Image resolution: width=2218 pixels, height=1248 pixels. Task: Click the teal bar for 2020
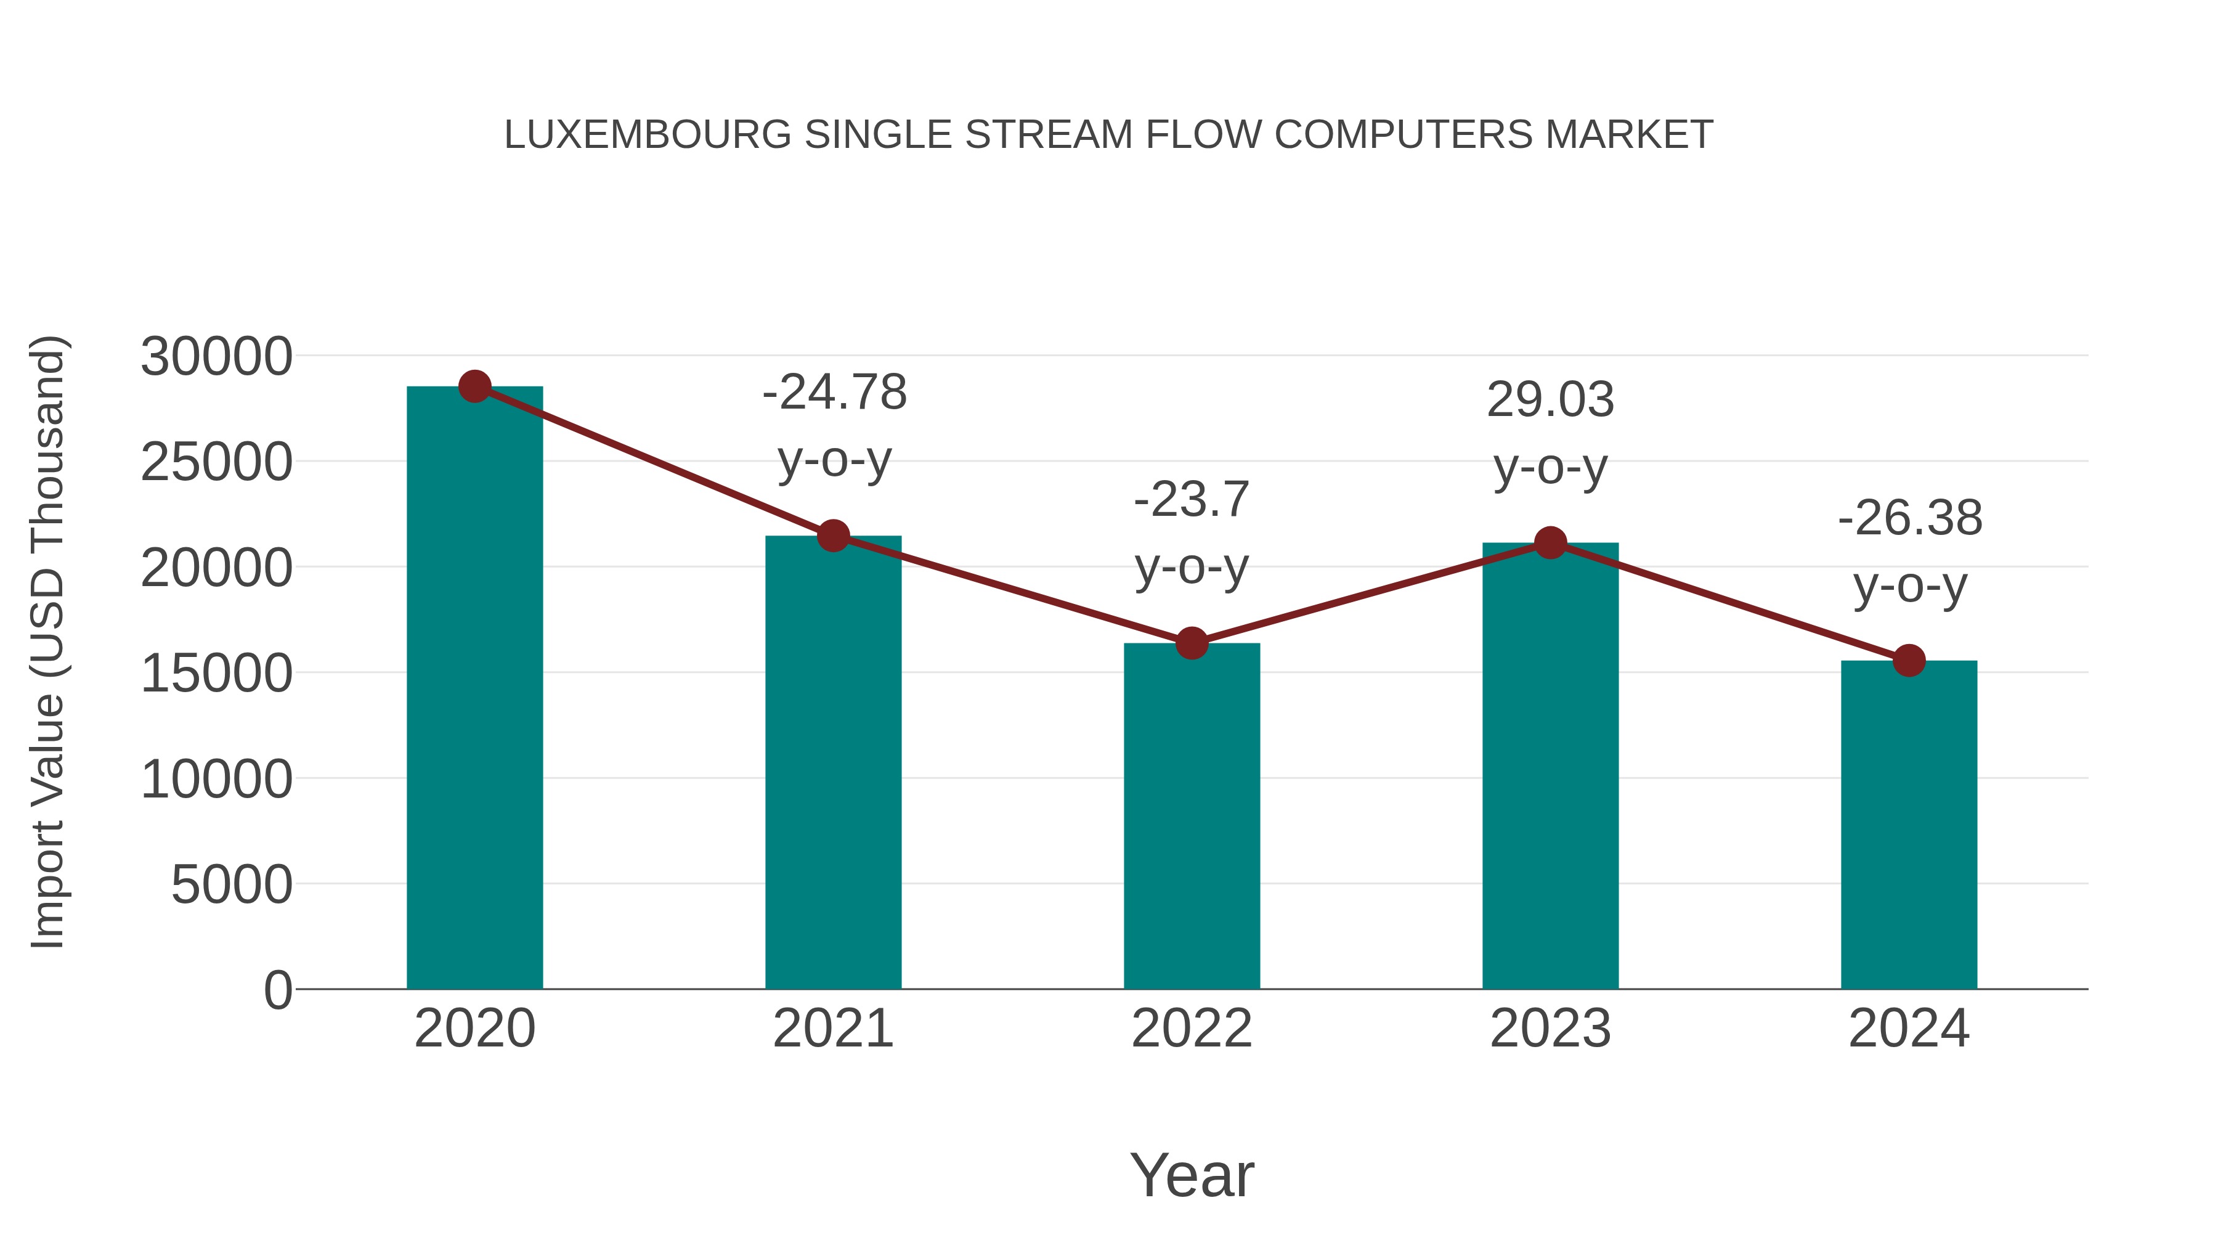474,689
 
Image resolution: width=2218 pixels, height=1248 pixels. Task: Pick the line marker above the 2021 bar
834,536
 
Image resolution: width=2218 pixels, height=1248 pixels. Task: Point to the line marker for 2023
1550,542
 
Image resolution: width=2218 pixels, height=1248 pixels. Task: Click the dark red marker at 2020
474,386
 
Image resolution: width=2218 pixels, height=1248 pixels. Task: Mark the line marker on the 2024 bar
1909,661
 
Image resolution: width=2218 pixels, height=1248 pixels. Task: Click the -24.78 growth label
834,393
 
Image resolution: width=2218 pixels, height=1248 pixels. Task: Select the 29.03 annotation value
1550,401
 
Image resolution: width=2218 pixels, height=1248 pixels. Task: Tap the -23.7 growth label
1192,500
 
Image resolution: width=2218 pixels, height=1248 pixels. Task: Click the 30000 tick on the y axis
216,357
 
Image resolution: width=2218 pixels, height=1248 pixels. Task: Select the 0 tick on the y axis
277,990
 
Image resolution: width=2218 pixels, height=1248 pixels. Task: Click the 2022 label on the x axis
1192,1029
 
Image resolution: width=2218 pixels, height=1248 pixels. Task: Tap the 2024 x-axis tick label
1909,1029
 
